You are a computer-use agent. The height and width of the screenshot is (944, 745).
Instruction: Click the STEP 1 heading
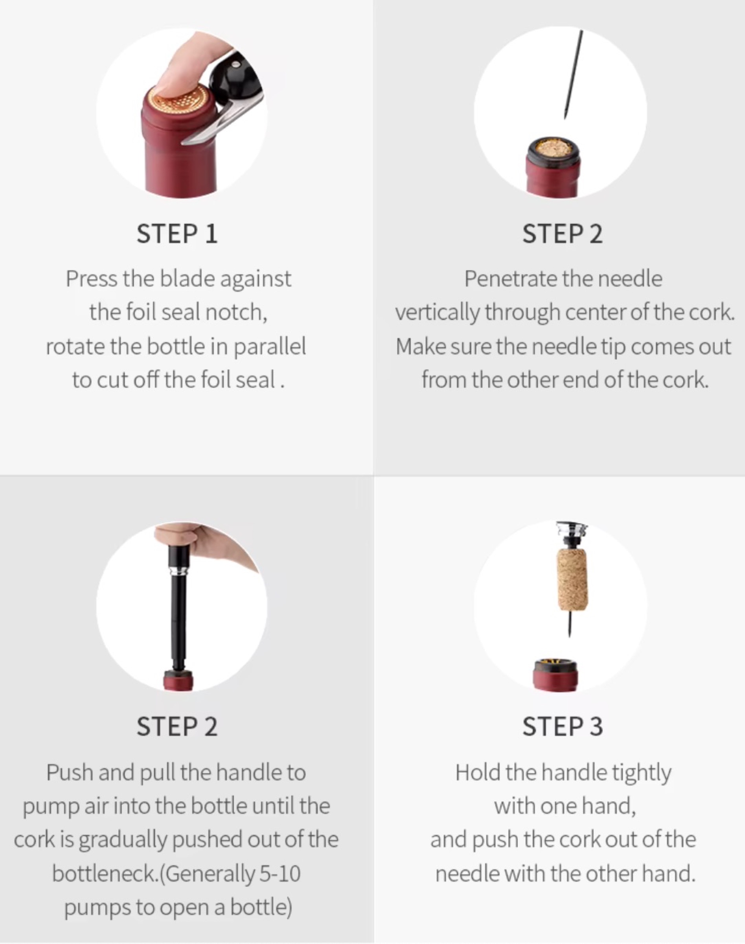click(x=177, y=234)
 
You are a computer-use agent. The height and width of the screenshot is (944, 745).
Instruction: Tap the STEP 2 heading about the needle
click(x=562, y=234)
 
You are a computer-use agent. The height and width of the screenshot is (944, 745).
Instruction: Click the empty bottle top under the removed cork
click(x=555, y=674)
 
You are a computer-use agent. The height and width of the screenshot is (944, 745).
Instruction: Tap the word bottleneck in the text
click(x=105, y=874)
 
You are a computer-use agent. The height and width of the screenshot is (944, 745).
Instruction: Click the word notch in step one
click(x=235, y=312)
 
